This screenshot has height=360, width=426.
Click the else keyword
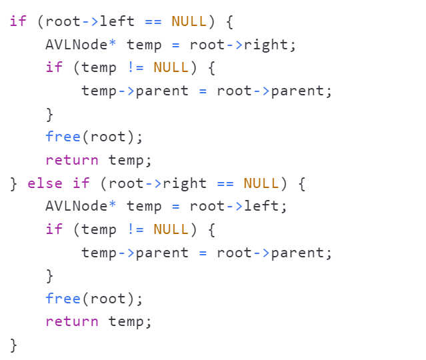click(45, 183)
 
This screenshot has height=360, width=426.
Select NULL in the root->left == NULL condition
click(189, 21)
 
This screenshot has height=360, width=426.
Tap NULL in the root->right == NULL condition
click(261, 183)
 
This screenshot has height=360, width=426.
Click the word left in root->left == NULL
click(117, 21)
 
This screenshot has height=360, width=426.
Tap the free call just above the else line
click(63, 137)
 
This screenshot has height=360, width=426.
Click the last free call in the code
click(63, 298)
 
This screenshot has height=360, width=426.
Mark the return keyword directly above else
click(71, 160)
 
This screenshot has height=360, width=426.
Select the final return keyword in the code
click(71, 321)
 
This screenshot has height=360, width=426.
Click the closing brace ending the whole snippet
click(13, 345)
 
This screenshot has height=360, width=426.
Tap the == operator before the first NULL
click(153, 21)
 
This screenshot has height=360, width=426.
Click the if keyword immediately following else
click(81, 183)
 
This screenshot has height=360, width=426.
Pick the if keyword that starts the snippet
click(18, 21)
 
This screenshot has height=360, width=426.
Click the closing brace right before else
click(13, 183)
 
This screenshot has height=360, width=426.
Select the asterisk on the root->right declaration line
click(112, 44)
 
